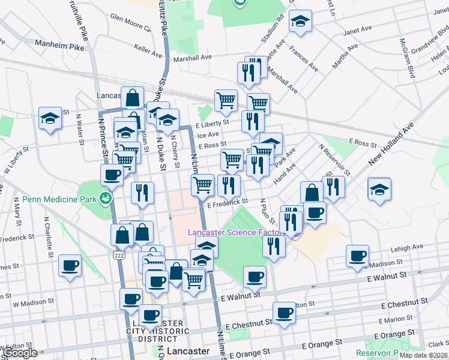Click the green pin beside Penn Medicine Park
106,197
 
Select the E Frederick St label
228,203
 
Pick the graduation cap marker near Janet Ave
300,22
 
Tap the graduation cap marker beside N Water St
50,118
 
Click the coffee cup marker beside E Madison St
358,256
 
